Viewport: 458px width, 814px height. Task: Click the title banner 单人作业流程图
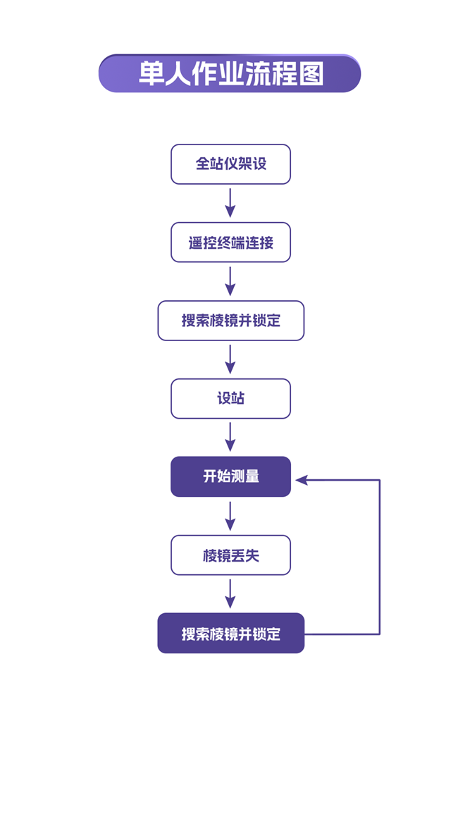coord(229,73)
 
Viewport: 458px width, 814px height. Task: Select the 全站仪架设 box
coord(230,164)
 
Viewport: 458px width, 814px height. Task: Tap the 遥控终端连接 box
coord(230,243)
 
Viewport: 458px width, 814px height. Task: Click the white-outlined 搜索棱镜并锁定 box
coord(230,321)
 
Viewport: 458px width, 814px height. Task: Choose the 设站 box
coord(230,399)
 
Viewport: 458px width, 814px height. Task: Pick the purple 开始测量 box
coord(230,477)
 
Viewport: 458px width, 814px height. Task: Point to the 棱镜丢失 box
coord(230,555)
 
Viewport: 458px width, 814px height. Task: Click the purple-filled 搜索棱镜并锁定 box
coord(230,634)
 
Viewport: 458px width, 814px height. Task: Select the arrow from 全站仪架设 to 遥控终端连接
coord(230,203)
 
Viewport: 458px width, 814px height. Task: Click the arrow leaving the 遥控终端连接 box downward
coord(230,281)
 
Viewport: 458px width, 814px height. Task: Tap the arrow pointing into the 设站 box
coord(230,359)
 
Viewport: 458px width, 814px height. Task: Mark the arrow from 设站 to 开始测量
coord(230,438)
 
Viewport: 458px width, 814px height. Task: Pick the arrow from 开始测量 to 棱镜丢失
coord(230,516)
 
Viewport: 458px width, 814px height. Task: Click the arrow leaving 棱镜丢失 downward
coord(230,594)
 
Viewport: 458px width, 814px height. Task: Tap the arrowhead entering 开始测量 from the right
coord(302,480)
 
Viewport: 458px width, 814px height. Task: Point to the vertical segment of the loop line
coord(380,557)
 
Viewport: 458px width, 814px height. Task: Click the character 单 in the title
coord(151,74)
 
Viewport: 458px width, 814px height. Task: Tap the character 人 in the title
coord(178,74)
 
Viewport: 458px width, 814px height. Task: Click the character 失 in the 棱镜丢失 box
coord(252,556)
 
